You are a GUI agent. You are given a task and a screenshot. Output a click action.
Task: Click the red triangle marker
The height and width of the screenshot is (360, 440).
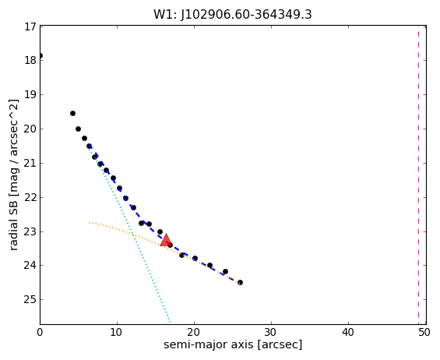166,240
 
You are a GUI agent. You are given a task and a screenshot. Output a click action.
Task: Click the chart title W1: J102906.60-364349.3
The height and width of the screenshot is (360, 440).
233,15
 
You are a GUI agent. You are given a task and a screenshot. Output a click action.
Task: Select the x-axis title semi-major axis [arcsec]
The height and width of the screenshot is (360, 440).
233,344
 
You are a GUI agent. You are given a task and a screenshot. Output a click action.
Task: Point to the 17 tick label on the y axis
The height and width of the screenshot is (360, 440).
30,27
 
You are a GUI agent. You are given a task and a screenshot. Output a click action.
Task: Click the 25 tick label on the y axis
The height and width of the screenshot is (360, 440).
30,300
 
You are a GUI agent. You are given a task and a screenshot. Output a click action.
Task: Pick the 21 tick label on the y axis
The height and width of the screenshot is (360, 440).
30,164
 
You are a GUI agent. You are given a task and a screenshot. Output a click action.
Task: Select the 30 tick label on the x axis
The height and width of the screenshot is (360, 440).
271,333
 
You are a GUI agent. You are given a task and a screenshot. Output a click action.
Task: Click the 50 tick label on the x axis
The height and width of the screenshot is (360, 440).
424,333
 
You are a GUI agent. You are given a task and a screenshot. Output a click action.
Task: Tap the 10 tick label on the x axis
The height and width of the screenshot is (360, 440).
117,333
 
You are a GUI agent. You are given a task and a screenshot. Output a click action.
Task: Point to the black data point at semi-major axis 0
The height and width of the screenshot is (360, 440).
40,55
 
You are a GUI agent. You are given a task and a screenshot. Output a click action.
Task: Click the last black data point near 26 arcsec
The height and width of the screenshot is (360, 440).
240,283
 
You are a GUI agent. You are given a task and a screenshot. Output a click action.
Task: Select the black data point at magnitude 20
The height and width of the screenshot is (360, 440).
79,129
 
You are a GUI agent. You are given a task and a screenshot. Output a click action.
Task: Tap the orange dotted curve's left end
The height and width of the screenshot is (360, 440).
89,222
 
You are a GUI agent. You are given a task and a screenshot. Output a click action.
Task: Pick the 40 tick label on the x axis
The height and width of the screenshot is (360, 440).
347,333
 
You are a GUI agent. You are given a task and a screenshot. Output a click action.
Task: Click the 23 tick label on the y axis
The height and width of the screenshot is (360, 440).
30,232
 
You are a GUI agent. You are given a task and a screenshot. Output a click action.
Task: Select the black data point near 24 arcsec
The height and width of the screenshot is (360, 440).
225,271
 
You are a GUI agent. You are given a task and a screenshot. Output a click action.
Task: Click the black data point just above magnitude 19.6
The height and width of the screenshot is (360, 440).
72,114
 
